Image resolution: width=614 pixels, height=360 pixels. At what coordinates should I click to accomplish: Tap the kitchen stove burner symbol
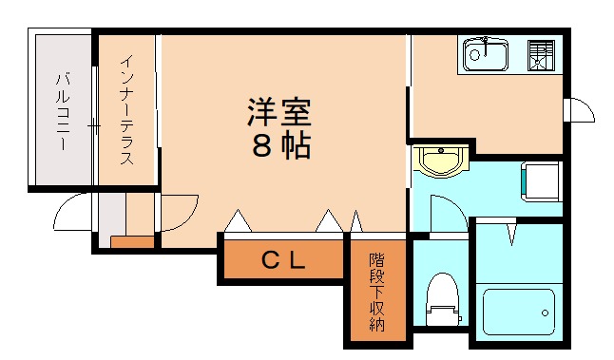(541, 56)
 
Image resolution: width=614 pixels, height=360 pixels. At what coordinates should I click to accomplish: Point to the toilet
(442, 294)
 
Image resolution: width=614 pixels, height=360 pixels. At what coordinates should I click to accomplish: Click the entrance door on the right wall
(579, 111)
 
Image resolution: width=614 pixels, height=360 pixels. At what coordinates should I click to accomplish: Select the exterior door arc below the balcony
(74, 214)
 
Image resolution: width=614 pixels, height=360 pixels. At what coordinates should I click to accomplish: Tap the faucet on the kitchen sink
(485, 42)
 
